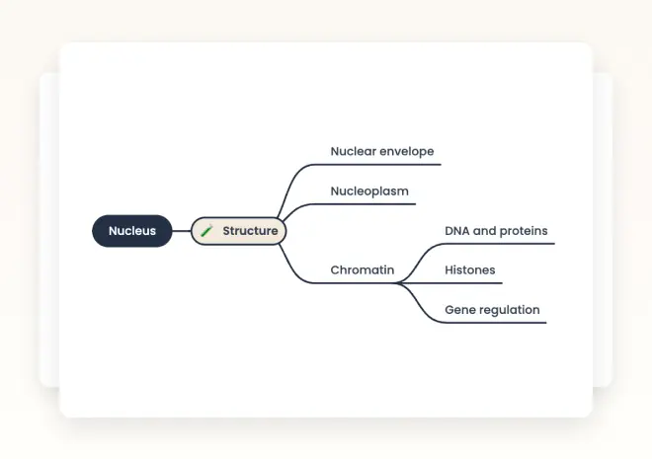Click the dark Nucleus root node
pos(132,231)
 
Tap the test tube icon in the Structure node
pos(206,231)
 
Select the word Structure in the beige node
pos(250,231)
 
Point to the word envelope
pos(407,152)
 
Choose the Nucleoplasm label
pos(369,191)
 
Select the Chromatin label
pos(362,269)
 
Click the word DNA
pos(456,231)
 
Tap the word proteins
pos(524,231)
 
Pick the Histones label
pos(470,269)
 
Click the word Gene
pos(459,309)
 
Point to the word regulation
pos(509,309)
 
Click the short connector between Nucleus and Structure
pos(182,231)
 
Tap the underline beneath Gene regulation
pos(494,323)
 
